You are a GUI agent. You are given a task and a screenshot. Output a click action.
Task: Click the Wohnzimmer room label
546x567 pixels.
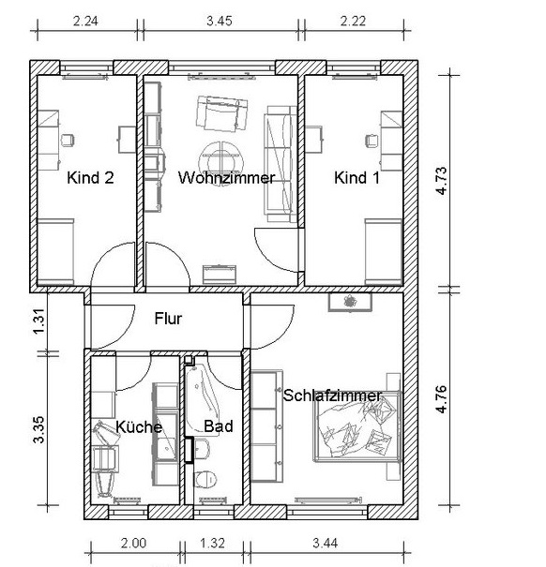226,178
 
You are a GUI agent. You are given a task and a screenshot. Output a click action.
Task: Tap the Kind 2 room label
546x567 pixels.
90,178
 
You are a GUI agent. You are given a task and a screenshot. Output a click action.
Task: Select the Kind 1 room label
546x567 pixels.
356,178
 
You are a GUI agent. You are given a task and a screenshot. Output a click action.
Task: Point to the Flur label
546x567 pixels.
168,319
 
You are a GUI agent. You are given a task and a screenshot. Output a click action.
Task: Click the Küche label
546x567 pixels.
139,427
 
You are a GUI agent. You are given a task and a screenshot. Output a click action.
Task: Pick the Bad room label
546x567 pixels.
219,426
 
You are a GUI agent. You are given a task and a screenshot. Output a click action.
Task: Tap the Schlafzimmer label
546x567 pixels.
332,395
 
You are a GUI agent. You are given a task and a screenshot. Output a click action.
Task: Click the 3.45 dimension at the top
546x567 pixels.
220,21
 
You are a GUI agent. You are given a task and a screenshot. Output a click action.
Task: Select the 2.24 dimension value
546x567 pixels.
85,21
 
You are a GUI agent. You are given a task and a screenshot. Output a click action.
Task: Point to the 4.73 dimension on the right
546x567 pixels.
442,181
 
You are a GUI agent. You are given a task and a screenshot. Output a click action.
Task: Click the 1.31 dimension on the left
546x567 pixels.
39,321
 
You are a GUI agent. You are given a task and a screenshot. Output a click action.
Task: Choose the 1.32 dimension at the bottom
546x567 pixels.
213,544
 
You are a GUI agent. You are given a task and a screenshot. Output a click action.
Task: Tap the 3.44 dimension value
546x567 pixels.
326,544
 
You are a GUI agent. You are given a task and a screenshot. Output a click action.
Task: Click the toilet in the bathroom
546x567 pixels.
205,479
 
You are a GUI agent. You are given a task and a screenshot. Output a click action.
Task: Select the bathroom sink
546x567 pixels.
202,449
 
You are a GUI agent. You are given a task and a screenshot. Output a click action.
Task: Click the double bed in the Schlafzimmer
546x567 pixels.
357,426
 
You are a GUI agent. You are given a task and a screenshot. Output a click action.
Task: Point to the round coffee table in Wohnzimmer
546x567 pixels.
221,159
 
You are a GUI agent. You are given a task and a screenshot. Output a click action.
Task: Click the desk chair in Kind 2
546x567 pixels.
68,141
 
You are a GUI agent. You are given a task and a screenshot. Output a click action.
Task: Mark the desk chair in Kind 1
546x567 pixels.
372,141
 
